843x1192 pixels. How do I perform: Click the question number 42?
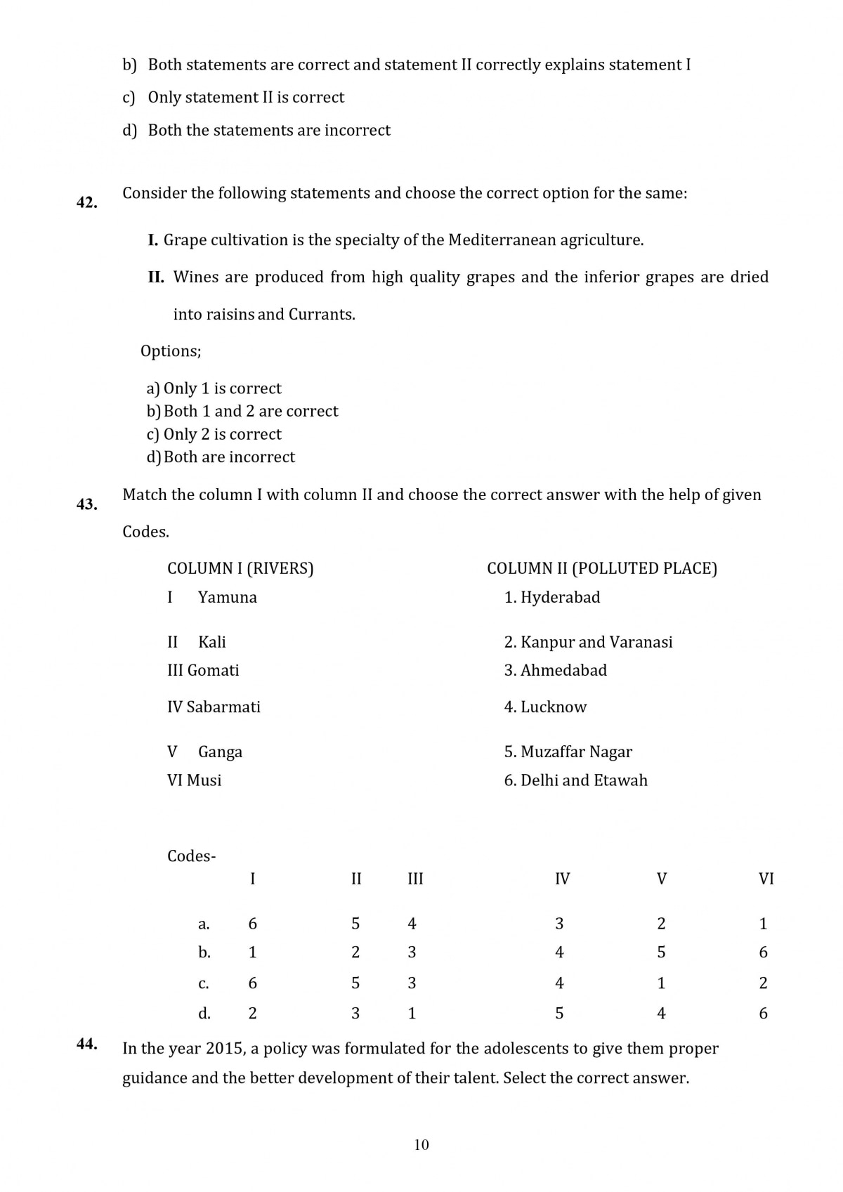click(86, 203)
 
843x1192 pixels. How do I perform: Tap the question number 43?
click(86, 504)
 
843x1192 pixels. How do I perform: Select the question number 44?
click(86, 1044)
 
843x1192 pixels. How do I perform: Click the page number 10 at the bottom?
click(421, 1145)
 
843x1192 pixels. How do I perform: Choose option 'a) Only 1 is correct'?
click(214, 388)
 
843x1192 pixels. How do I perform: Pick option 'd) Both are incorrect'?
click(221, 457)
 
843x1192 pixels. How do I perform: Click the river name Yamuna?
click(228, 598)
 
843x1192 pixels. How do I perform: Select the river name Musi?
click(204, 780)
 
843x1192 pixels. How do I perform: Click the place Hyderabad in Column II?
click(560, 598)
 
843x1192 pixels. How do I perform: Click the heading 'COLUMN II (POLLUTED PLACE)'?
click(602, 568)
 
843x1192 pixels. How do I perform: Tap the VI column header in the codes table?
click(766, 879)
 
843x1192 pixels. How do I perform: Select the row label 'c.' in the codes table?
click(204, 983)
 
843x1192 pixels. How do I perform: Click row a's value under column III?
click(412, 924)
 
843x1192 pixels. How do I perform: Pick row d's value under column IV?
click(559, 1014)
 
